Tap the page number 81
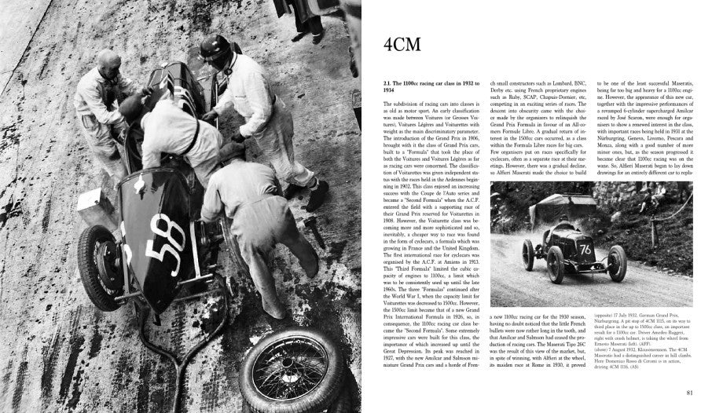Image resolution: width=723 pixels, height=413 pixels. pos(688,393)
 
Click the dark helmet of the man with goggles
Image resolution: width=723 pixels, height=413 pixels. pos(213,49)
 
